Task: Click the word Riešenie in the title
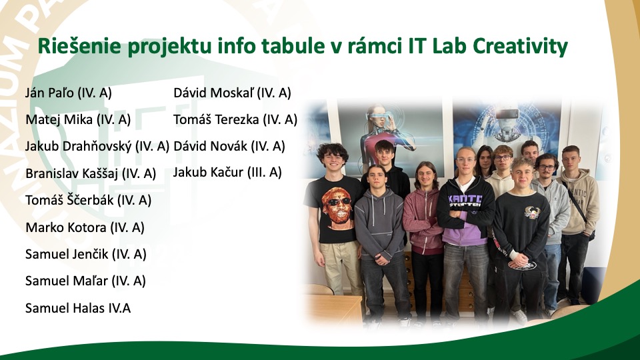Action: point(79,46)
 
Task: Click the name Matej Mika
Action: point(59,119)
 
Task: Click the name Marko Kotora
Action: point(66,227)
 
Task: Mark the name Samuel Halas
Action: point(65,308)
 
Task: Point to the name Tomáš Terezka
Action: point(216,119)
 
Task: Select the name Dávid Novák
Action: point(210,146)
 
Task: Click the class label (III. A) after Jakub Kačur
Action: point(265,172)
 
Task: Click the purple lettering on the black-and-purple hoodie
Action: point(465,201)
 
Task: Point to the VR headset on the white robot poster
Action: point(506,113)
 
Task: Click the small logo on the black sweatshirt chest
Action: point(532,212)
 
